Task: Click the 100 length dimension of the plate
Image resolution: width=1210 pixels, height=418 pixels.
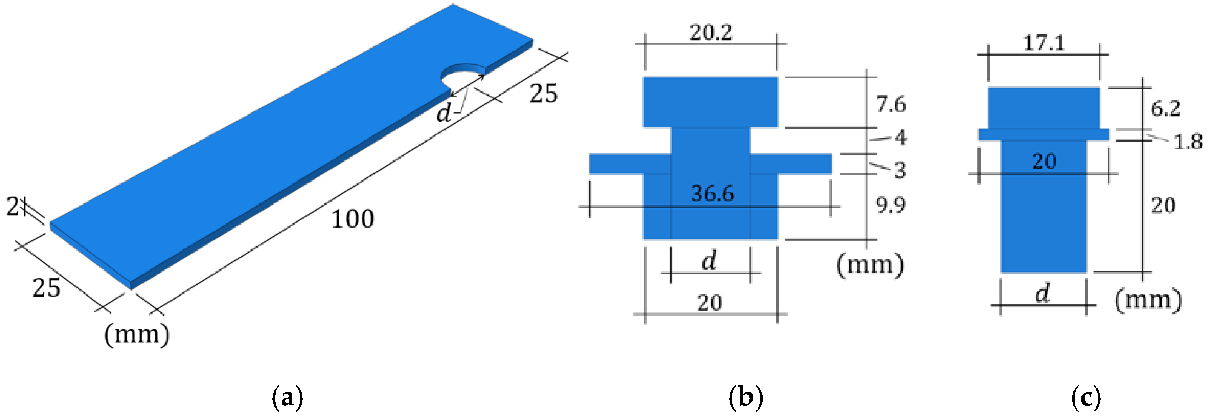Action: pos(352,219)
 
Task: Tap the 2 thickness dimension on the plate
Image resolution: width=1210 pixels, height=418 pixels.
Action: pos(13,206)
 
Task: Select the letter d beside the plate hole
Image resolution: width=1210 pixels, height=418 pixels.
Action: pos(443,113)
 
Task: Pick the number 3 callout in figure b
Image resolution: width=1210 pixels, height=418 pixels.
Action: pos(900,170)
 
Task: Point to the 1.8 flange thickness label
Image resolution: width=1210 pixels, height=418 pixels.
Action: pos(1188,141)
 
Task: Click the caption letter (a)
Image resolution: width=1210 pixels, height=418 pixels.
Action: pos(287,398)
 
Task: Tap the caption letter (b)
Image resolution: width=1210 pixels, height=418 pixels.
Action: pos(745,398)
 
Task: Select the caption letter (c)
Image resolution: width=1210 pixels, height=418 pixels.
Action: pos(1086,398)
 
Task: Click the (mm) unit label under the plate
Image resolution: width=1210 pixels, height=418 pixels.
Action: pos(137,334)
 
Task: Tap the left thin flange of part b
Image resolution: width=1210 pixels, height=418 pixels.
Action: pos(629,164)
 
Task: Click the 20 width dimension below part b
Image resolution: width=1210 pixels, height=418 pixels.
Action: pos(709,303)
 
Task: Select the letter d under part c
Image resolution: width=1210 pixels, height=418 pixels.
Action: pos(1042,294)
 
